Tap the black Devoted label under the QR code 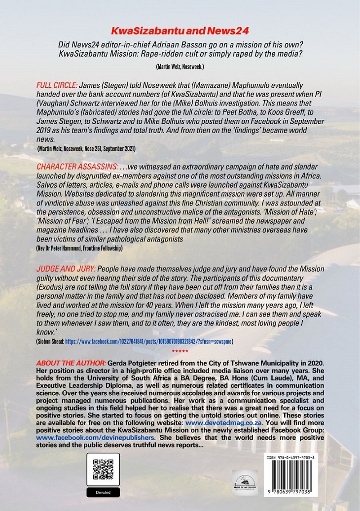[103, 492]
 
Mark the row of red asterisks [180, 352]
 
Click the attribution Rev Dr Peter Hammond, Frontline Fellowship [79, 248]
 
